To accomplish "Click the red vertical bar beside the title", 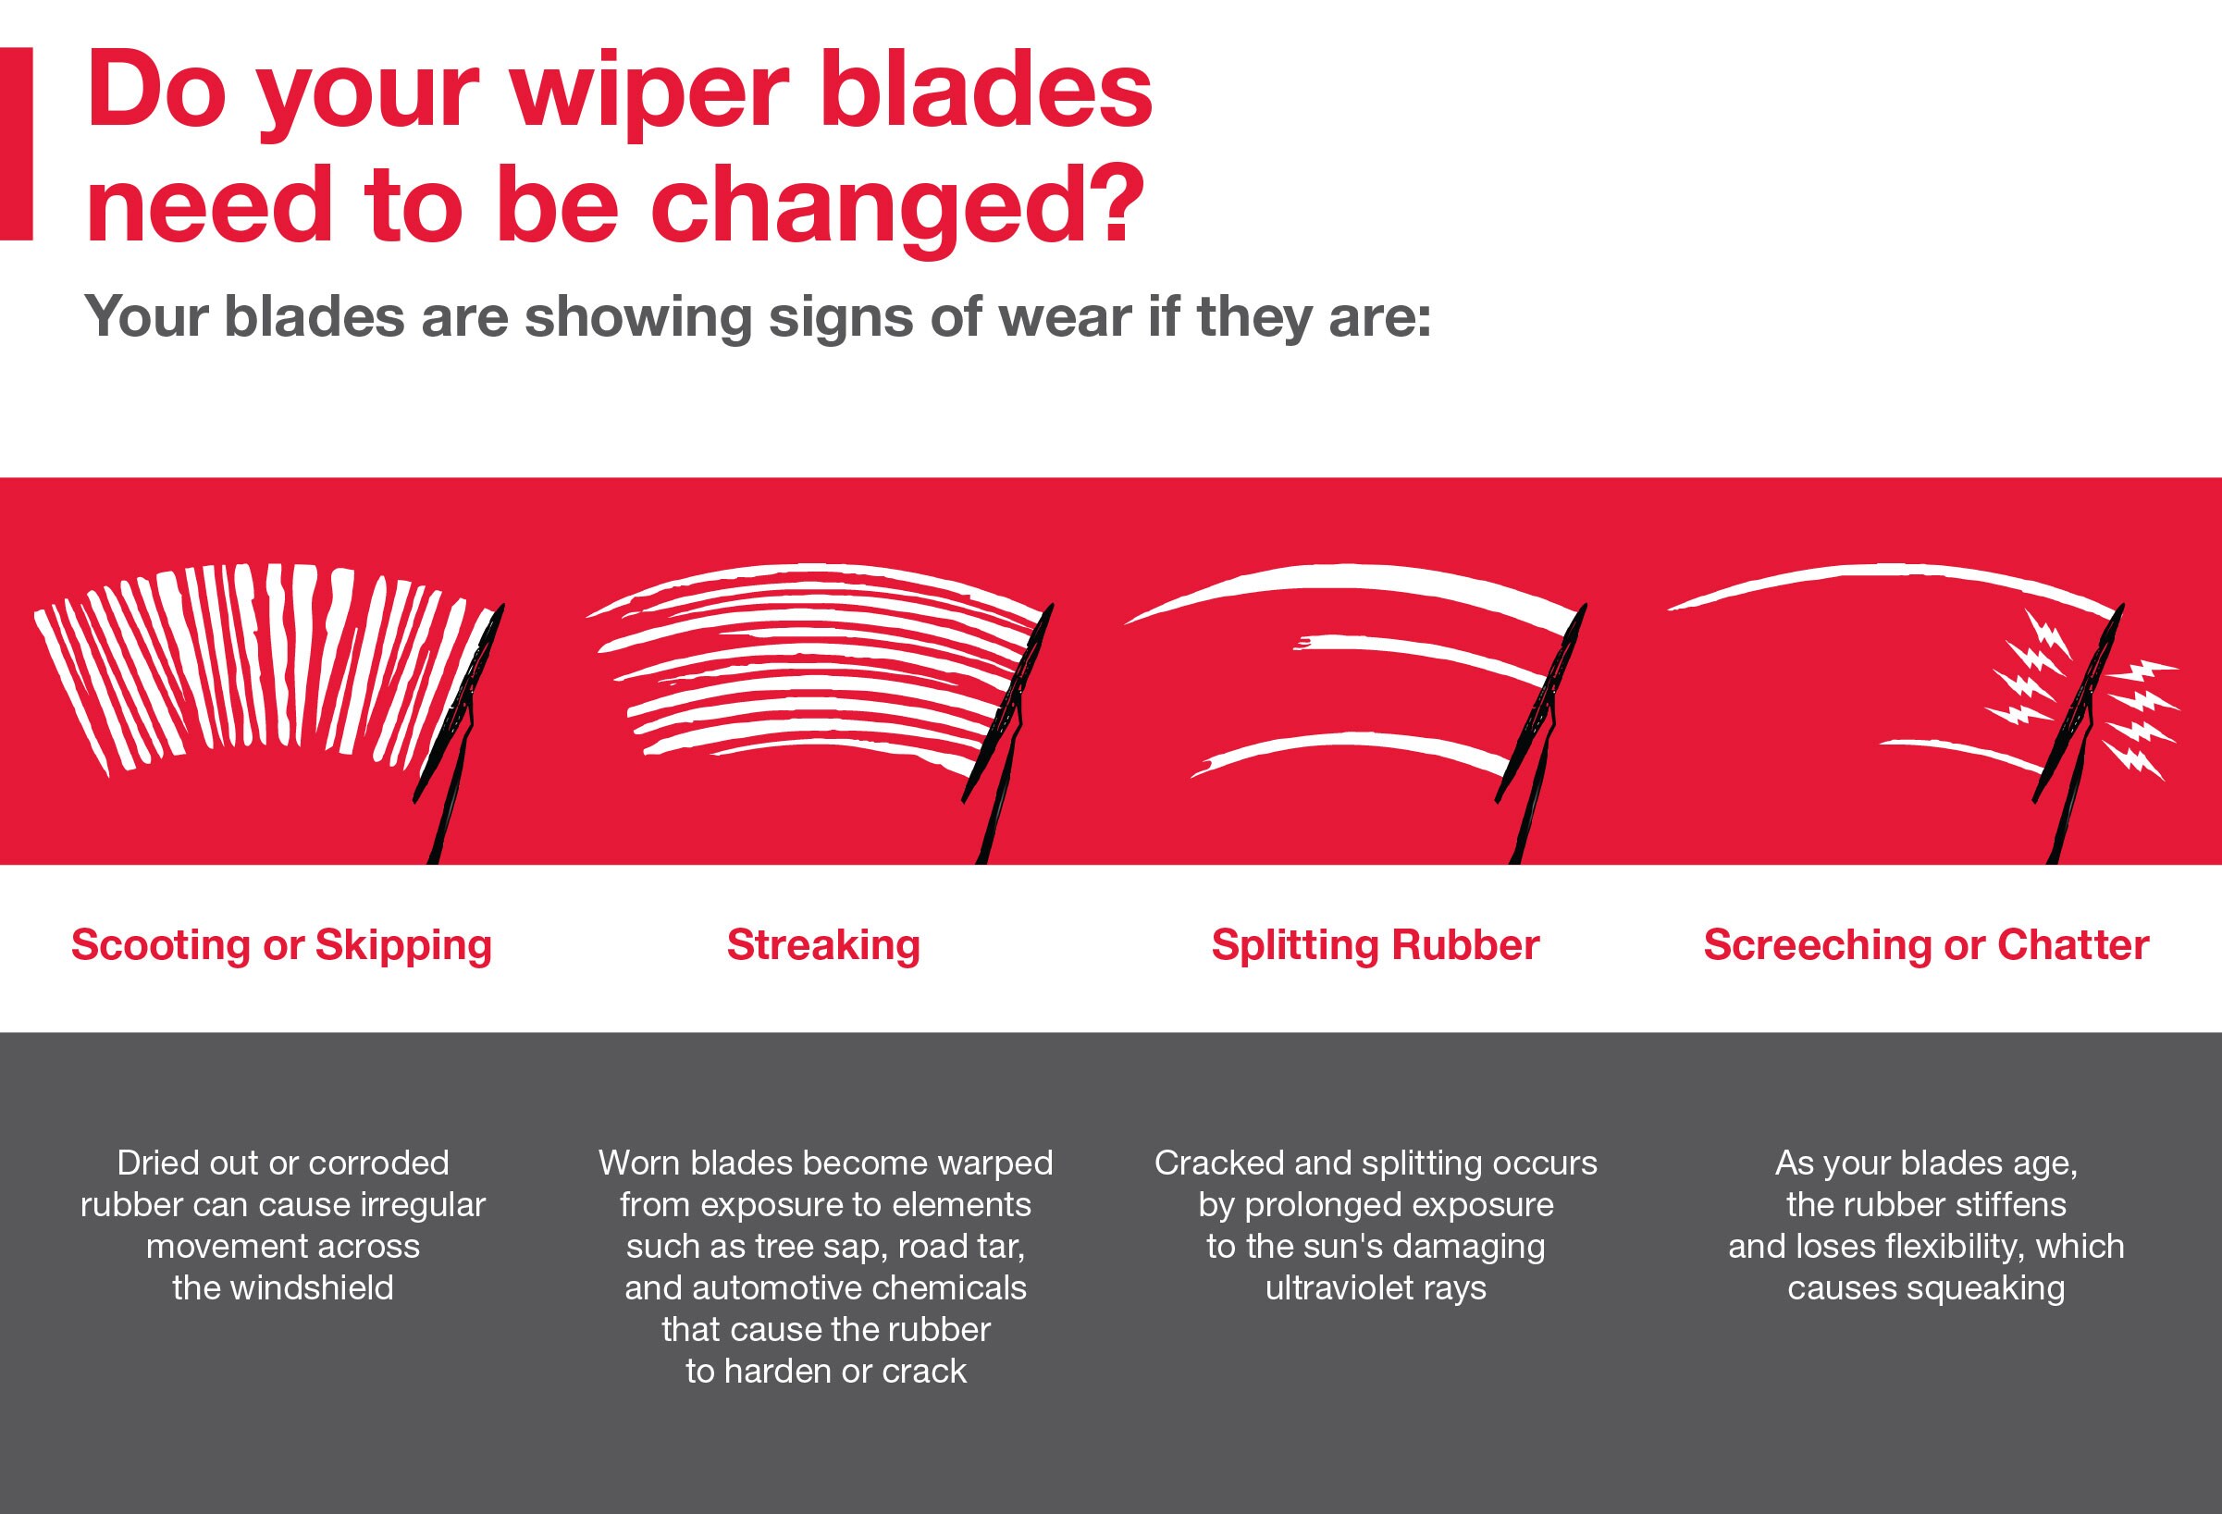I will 17,143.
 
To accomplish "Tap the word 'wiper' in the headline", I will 648,92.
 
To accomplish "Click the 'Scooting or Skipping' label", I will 281,945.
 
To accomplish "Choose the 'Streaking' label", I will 823,945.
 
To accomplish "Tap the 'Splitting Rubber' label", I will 1375,945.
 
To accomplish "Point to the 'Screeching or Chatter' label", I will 1926,945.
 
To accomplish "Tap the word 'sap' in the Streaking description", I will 857,1247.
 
